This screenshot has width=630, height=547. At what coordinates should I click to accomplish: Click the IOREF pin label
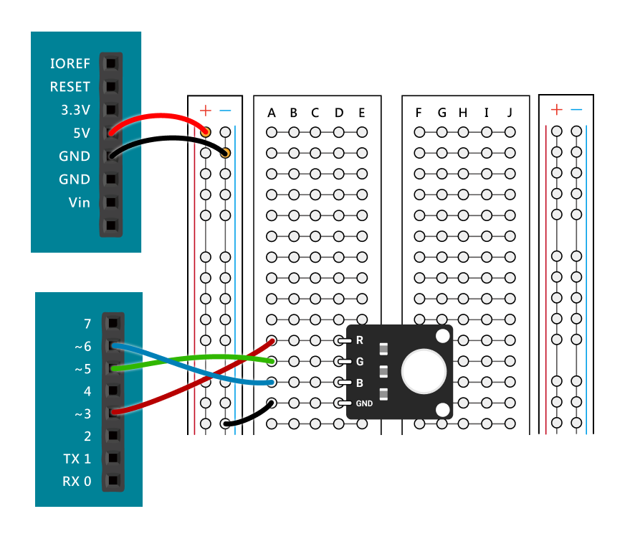[70, 64]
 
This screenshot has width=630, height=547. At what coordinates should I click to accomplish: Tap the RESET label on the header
[70, 87]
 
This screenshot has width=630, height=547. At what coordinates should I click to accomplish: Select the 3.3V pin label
[75, 111]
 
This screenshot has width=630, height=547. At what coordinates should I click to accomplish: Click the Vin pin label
[80, 202]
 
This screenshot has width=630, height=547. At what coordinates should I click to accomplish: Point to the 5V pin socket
[110, 133]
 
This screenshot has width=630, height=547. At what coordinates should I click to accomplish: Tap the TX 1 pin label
[77, 459]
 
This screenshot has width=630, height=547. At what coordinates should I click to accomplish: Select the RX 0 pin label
[77, 481]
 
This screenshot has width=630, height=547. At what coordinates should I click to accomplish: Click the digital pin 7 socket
[113, 324]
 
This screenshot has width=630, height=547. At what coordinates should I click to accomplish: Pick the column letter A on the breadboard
[272, 113]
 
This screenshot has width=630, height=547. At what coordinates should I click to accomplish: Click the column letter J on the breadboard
[510, 113]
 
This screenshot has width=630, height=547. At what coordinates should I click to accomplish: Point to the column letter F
[419, 113]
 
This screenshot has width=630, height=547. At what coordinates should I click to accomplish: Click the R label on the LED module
[360, 340]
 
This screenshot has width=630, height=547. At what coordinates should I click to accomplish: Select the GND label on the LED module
[364, 403]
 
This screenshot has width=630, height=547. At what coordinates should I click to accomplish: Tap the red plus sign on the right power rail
[556, 110]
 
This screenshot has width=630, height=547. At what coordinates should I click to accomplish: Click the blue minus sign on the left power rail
[226, 111]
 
